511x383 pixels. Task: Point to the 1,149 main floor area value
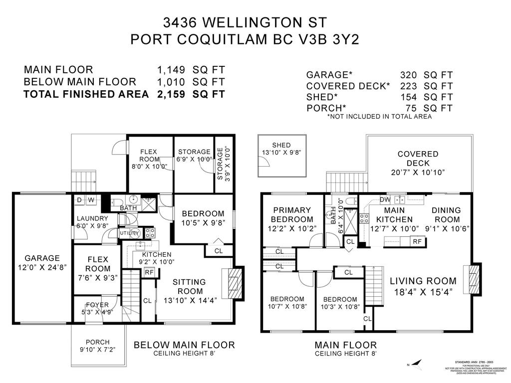click(x=172, y=70)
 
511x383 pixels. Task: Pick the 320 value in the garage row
click(x=409, y=75)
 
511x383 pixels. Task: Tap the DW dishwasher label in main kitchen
click(x=385, y=199)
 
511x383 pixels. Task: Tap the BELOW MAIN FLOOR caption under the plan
click(x=184, y=345)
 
